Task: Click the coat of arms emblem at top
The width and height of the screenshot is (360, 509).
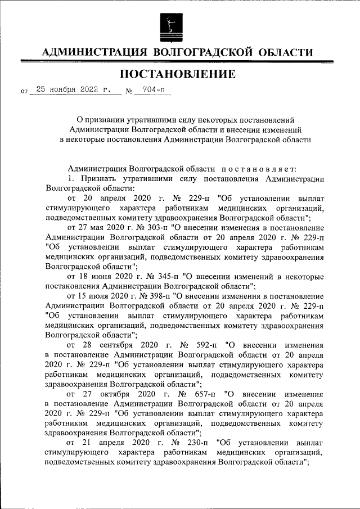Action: click(x=172, y=25)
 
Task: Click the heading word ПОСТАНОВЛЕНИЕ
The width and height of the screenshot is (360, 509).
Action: click(x=178, y=73)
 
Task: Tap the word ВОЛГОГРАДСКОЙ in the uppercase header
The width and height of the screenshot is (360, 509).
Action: click(x=205, y=52)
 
